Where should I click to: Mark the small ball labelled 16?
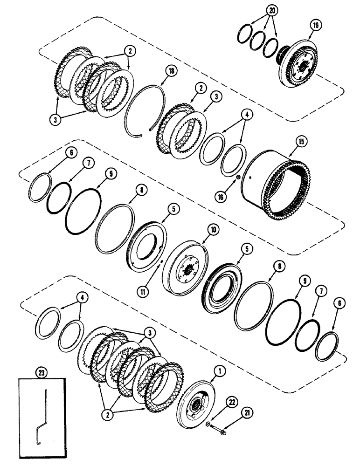point(237,177)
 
